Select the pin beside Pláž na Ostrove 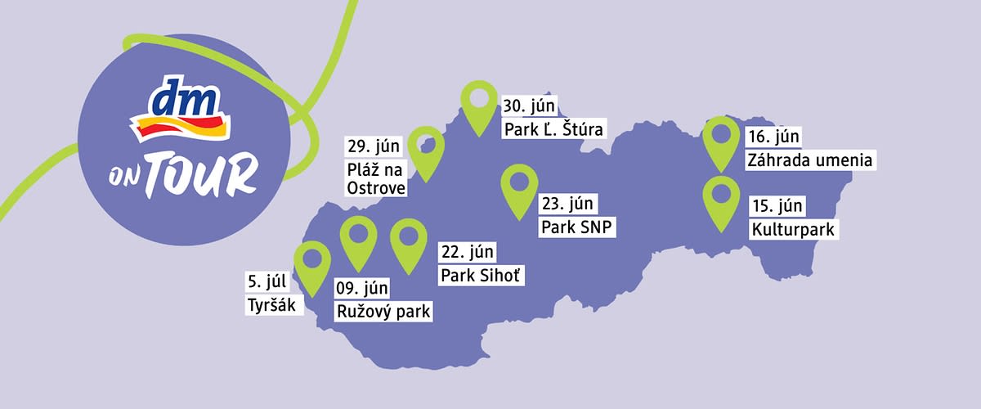426,150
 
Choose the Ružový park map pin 357,240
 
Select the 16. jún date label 773,136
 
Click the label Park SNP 576,226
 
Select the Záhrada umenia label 811,160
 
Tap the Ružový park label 383,311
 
